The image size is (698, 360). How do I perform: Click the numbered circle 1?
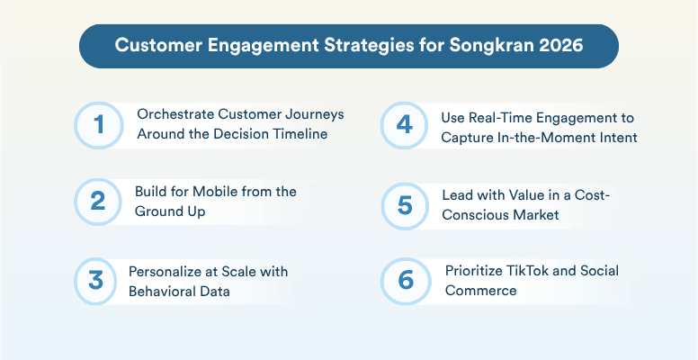click(98, 125)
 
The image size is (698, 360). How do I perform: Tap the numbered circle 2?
click(98, 203)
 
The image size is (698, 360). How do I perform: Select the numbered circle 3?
click(98, 281)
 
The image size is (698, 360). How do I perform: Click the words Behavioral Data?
click(181, 291)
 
